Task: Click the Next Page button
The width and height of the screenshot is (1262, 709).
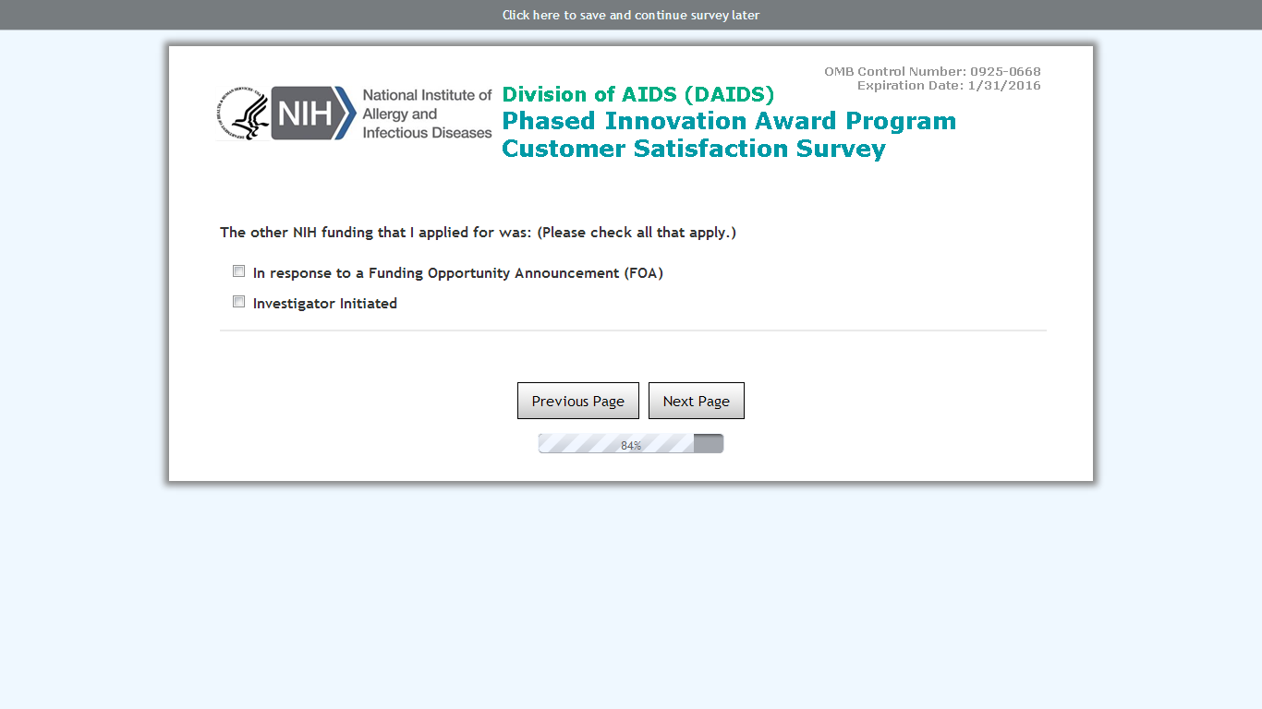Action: (x=696, y=401)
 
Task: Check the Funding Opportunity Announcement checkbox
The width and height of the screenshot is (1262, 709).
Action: (x=239, y=271)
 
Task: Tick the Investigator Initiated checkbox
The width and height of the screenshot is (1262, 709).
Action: (x=239, y=302)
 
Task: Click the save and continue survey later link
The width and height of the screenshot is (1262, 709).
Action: (x=630, y=15)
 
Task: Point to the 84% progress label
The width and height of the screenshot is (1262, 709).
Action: (x=630, y=446)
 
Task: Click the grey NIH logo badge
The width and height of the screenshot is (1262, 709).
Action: (x=313, y=113)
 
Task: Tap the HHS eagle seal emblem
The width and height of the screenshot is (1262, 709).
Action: (x=242, y=114)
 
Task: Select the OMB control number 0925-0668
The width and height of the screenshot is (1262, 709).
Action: (x=1005, y=71)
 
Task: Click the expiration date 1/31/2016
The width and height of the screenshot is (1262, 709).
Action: (x=1004, y=86)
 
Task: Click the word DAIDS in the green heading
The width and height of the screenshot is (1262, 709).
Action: (x=729, y=94)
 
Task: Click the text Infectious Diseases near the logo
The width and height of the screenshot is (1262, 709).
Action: (x=427, y=133)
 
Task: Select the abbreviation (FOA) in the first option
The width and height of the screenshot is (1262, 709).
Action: (x=643, y=273)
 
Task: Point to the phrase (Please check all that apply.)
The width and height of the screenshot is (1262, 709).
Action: (x=636, y=233)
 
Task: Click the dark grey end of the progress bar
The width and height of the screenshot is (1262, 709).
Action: (x=709, y=443)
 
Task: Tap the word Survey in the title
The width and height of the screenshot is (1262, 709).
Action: (x=841, y=150)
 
